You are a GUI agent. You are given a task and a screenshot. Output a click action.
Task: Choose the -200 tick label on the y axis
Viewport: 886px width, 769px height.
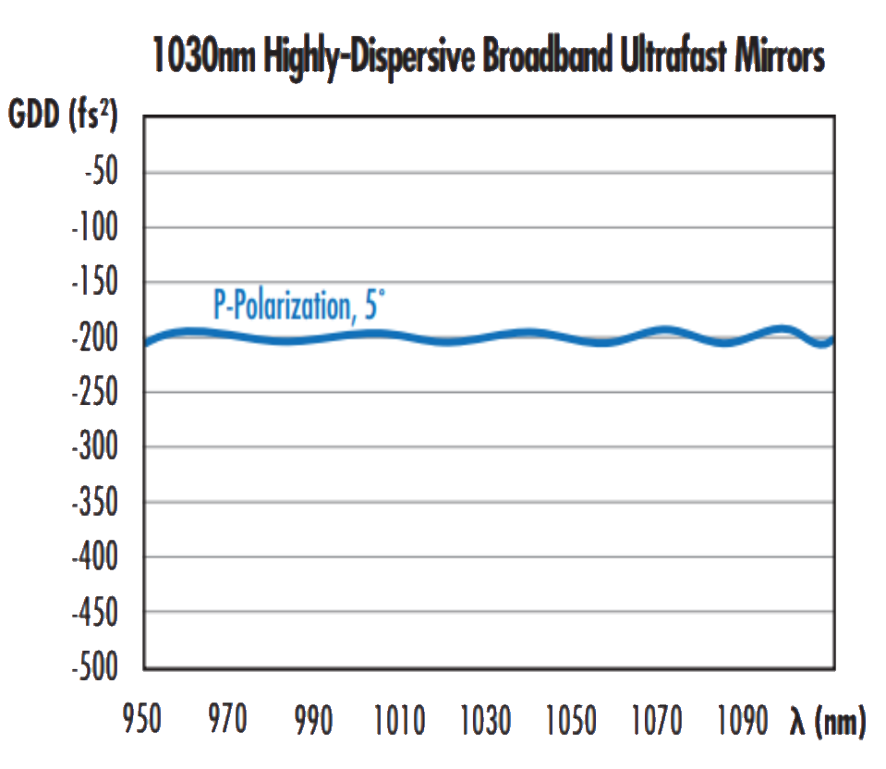pyautogui.click(x=94, y=338)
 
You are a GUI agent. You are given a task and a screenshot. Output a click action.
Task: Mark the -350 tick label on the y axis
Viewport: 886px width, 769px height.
pyautogui.click(x=94, y=503)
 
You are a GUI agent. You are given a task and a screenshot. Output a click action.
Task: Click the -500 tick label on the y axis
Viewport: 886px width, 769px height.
pyautogui.click(x=94, y=667)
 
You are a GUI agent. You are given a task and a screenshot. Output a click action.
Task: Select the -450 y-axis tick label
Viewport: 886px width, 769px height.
pyautogui.click(x=94, y=613)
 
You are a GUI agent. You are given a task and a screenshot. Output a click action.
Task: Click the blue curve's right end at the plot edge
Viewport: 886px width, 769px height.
pyautogui.click(x=831, y=340)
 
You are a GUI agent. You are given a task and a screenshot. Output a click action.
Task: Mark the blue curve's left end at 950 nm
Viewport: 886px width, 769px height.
pyautogui.click(x=146, y=344)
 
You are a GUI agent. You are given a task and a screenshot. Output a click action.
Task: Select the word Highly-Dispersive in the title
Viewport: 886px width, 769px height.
pyautogui.click(x=370, y=58)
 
